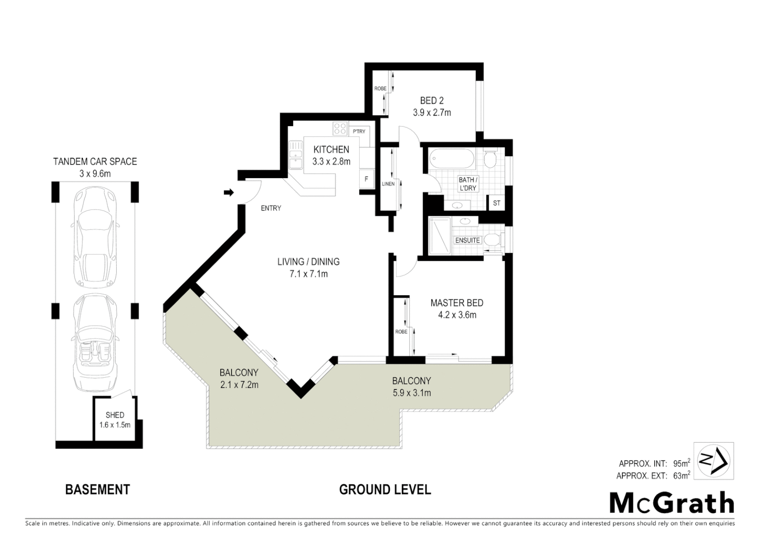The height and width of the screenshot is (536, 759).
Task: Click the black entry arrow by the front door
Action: point(228,193)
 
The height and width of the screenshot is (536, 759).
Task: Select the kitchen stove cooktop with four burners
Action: point(340,129)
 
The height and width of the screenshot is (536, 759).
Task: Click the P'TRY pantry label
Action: point(359,132)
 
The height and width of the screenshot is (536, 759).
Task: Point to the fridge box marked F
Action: point(367,179)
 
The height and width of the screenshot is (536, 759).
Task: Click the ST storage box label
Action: point(496,203)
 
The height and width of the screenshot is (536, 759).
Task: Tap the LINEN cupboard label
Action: point(388,184)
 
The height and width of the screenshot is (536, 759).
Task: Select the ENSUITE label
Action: point(467,240)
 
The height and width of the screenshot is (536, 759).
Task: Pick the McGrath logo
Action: point(672,503)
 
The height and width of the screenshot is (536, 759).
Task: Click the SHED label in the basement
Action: point(115,415)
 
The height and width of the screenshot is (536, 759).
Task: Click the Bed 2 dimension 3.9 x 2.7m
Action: point(432,113)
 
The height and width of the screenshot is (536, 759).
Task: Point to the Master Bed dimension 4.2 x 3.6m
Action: point(456,315)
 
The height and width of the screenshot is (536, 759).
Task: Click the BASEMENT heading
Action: point(97,489)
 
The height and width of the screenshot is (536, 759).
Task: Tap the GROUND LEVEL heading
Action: point(385,489)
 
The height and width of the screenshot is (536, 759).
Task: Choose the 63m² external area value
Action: point(681,476)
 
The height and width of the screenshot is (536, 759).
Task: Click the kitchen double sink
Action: point(296,155)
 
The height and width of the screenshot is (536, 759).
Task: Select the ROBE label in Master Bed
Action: point(401,332)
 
